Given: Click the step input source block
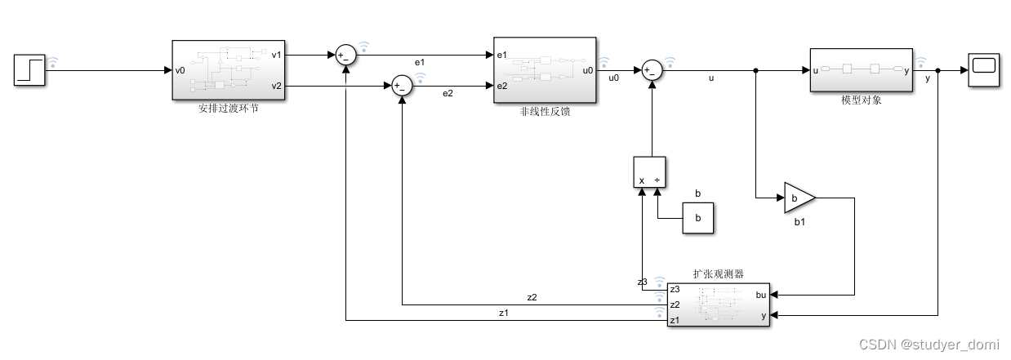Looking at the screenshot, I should pyautogui.click(x=29, y=70).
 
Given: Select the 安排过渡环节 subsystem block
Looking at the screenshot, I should pyautogui.click(x=228, y=69).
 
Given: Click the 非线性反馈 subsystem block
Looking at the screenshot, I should pyautogui.click(x=545, y=69).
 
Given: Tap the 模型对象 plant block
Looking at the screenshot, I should pyautogui.click(x=861, y=70).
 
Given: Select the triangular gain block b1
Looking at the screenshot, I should pyautogui.click(x=799, y=198).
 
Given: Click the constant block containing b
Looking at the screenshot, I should pyautogui.click(x=697, y=218).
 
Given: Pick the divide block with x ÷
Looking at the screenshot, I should pyautogui.click(x=651, y=173).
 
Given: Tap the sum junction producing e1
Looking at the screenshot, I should pyautogui.click(x=345, y=56).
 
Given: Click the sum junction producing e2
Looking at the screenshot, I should pyautogui.click(x=401, y=86).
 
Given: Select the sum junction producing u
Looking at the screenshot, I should pyautogui.click(x=651, y=70).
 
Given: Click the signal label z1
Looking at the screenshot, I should pyautogui.click(x=503, y=313).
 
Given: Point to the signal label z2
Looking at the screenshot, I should pyautogui.click(x=532, y=297).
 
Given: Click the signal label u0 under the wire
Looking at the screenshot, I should pyautogui.click(x=615, y=79).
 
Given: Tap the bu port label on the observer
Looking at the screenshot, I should pyautogui.click(x=759, y=295).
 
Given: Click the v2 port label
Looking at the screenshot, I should pyautogui.click(x=276, y=86).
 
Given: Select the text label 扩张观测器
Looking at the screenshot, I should pyautogui.click(x=718, y=273).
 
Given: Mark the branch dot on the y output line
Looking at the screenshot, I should pyautogui.click(x=938, y=70).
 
